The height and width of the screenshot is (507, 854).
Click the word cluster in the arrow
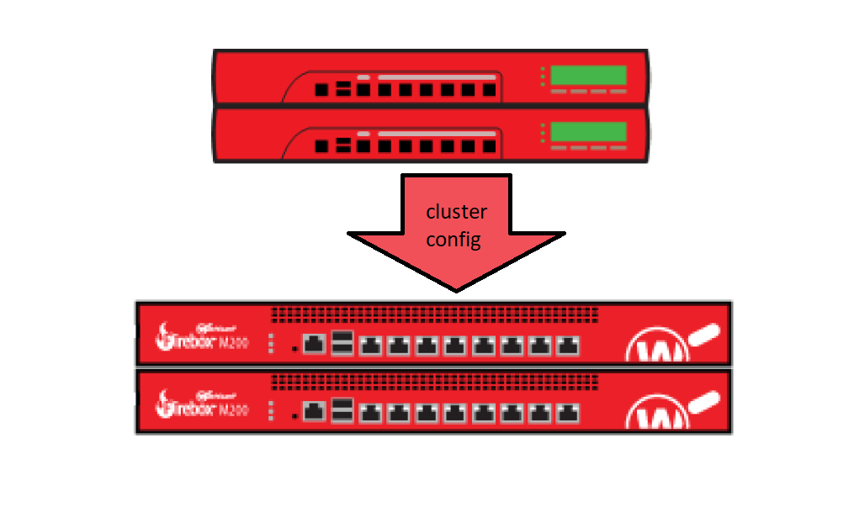point(456,212)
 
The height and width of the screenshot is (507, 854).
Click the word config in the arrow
point(454,240)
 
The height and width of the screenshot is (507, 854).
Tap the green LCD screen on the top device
point(588,75)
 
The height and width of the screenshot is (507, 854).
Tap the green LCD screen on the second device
point(588,132)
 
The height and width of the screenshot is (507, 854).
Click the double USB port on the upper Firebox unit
point(342,343)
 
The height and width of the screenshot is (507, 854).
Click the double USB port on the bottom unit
point(342,412)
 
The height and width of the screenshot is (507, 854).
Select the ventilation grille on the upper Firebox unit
point(434,314)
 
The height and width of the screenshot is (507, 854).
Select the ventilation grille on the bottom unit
point(434,383)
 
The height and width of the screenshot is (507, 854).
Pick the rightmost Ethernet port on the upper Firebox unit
point(570,344)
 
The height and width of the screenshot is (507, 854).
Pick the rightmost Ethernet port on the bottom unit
point(570,413)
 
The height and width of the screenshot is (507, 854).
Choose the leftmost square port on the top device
point(321,89)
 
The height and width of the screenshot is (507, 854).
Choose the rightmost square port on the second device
point(490,146)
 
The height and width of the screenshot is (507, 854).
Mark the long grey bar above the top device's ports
point(437,77)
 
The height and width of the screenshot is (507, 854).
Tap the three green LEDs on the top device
point(544,76)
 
